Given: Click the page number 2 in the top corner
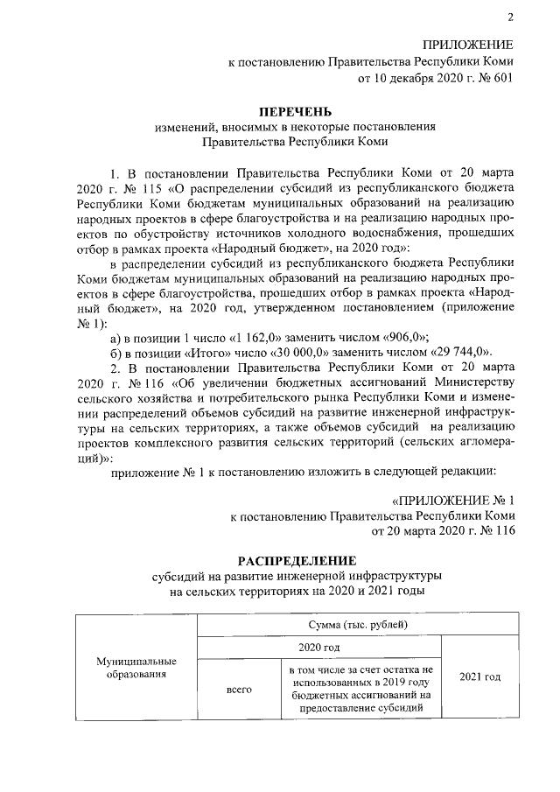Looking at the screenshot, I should point(508,18).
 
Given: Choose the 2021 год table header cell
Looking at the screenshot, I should point(479,677).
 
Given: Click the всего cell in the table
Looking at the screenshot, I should point(239,690).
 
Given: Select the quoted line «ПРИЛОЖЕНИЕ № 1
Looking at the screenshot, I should point(450,501).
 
